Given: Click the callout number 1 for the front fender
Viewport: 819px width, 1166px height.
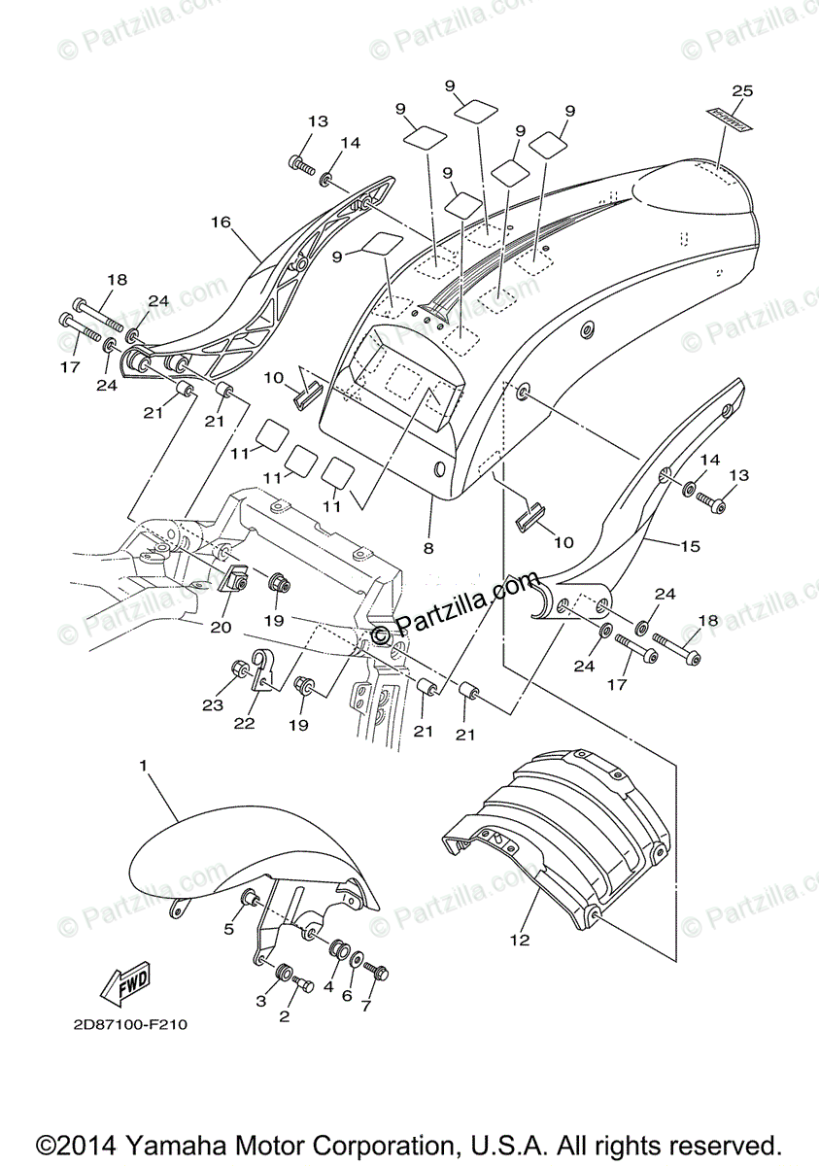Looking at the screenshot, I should tap(143, 767).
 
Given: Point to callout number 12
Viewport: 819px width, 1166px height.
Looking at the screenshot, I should tap(522, 940).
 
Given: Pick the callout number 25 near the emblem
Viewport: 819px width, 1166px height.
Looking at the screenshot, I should tap(742, 91).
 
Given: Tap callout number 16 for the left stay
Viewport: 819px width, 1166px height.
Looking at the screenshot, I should tap(221, 222).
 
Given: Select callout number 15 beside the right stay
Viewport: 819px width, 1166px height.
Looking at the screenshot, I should tap(689, 546).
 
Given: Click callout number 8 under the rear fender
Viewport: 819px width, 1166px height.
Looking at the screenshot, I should tap(428, 548).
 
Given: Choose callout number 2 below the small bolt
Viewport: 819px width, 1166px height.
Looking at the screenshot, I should tap(285, 1016).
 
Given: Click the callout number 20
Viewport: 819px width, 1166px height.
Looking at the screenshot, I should tap(222, 627).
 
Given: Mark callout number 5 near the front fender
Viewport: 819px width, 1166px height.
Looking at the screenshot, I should tap(229, 929).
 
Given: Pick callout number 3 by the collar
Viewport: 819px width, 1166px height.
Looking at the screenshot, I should tap(261, 1001).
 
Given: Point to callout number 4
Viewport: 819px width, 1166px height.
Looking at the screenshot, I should tap(329, 985).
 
